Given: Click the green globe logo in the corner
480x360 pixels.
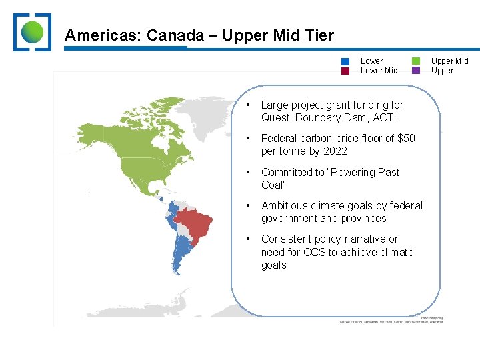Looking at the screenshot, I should [x=32, y=32].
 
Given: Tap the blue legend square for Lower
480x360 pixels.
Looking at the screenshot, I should [x=345, y=61].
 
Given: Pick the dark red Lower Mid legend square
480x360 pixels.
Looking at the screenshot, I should [x=345, y=71].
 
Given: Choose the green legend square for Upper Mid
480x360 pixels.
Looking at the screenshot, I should [x=416, y=61].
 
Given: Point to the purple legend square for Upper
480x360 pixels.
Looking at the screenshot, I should [x=416, y=71].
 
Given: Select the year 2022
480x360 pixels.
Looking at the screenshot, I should [x=334, y=151].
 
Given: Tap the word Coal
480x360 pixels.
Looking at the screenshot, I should [x=273, y=185].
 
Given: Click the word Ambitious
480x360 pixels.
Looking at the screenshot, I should [x=286, y=205].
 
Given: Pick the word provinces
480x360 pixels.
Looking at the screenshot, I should [x=363, y=219].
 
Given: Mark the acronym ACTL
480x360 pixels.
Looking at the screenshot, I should [x=387, y=118].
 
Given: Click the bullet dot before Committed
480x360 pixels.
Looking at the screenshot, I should [x=248, y=172].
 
